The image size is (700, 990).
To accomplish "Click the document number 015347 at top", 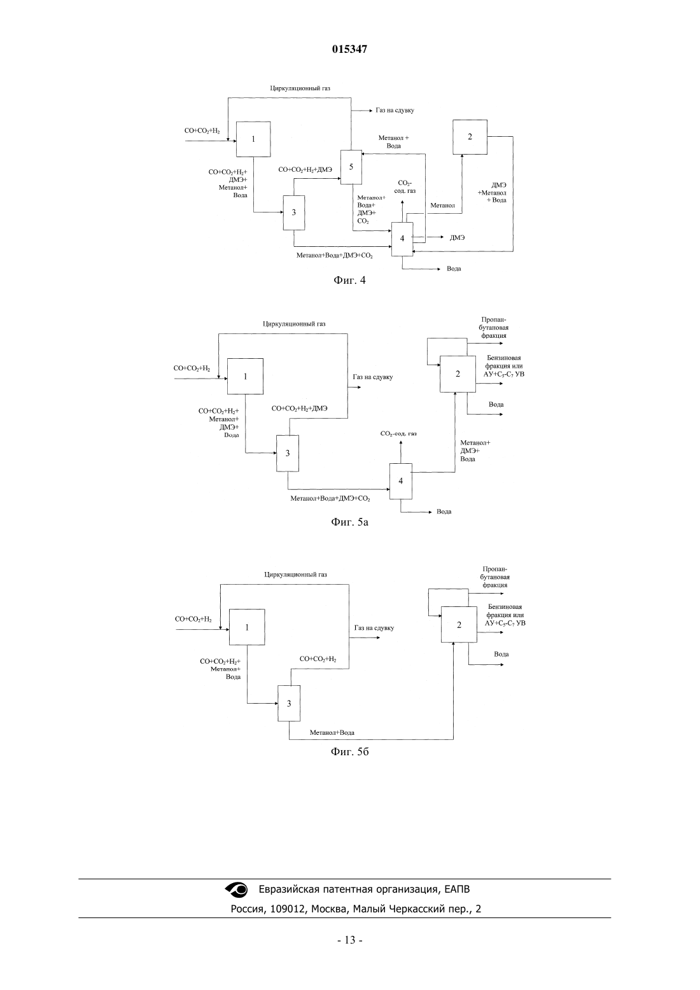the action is pyautogui.click(x=349, y=49).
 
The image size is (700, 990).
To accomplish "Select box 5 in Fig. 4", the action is pyautogui.click(x=351, y=167).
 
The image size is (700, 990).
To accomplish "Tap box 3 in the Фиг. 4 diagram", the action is pyautogui.click(x=294, y=213).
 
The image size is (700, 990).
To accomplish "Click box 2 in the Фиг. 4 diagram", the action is pyautogui.click(x=470, y=137).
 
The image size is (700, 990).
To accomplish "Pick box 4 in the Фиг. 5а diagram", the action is pyautogui.click(x=401, y=481).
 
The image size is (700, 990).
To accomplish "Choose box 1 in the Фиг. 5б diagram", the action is pyautogui.click(x=247, y=627).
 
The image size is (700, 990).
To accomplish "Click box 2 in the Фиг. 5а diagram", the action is pyautogui.click(x=458, y=374).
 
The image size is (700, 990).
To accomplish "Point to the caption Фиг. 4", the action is pyautogui.click(x=349, y=280).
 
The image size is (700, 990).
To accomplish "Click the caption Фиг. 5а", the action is pyautogui.click(x=349, y=522).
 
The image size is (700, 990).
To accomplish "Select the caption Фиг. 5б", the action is pyautogui.click(x=349, y=752).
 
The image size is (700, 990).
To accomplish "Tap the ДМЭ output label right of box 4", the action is pyautogui.click(x=458, y=238).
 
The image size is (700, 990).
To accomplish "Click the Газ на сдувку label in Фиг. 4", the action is pyautogui.click(x=395, y=110).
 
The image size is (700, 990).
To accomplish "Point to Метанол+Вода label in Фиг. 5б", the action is pyautogui.click(x=332, y=732).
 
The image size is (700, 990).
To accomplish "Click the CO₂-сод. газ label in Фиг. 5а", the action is pyautogui.click(x=398, y=433).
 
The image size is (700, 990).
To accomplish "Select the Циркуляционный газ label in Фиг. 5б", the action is pyautogui.click(x=296, y=575).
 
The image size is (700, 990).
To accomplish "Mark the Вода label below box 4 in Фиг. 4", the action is pyautogui.click(x=454, y=268).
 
